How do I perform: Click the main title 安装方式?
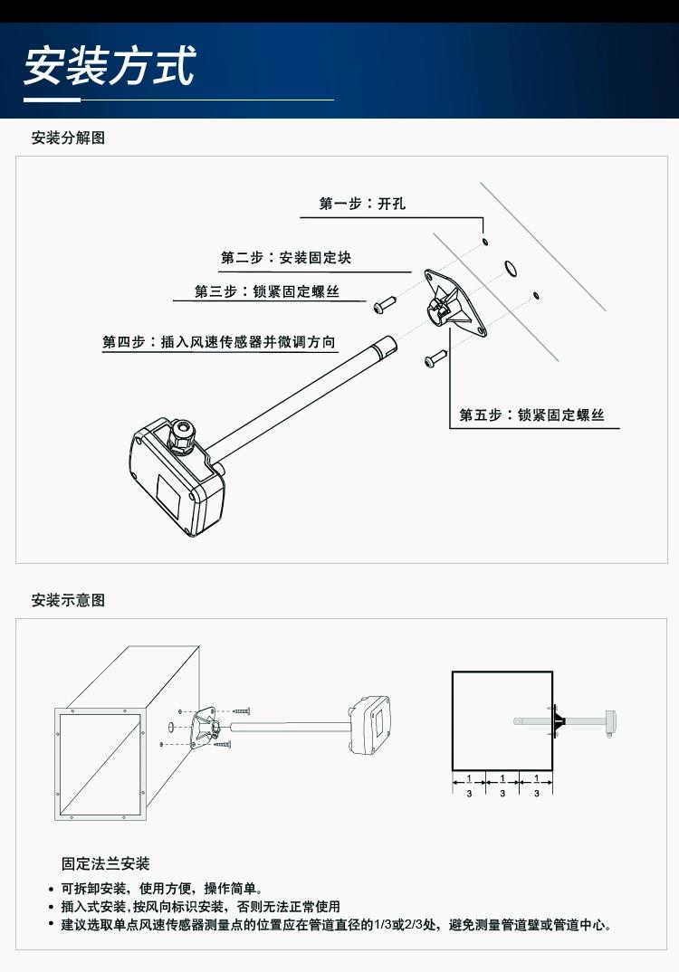point(110,65)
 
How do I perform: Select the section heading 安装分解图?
point(68,138)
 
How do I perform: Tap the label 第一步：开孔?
point(362,204)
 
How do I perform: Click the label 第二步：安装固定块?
point(286,258)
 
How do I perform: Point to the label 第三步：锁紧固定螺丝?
point(267,291)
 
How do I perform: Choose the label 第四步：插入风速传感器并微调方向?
point(219,343)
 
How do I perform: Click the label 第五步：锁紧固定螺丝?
point(531,415)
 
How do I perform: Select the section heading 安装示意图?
point(68,600)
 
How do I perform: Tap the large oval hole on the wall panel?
point(511,267)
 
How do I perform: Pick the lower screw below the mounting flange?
point(435,359)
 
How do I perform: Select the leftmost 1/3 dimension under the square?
point(469,785)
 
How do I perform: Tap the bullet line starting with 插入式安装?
point(200,907)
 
